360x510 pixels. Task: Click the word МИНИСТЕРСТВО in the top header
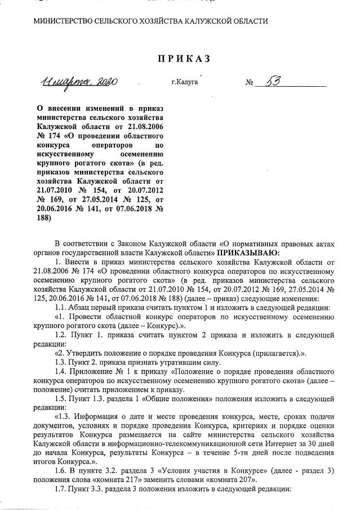pyautogui.click(x=63, y=21)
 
